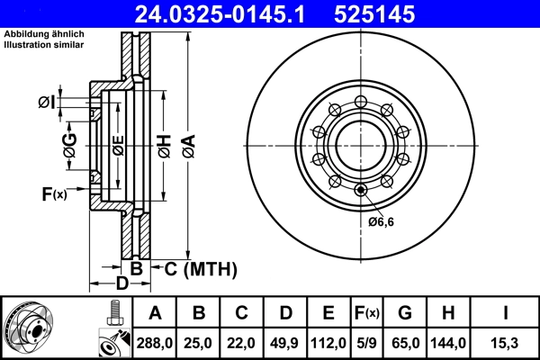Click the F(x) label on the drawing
[54, 193]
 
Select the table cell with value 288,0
[155, 343]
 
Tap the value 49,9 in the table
[284, 343]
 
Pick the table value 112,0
[328, 343]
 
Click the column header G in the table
[404, 313]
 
